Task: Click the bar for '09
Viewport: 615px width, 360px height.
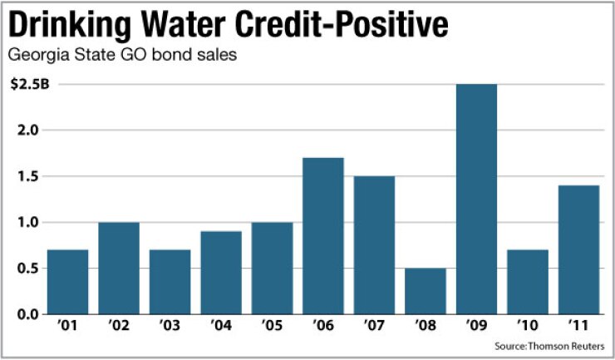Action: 476,199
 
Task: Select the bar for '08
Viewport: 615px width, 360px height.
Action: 426,291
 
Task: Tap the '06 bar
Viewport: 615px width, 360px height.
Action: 323,236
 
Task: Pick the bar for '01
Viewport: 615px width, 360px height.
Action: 68,282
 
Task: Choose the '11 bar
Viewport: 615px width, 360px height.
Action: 578,249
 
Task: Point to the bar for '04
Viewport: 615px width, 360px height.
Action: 221,273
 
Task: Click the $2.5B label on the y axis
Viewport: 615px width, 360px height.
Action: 25,84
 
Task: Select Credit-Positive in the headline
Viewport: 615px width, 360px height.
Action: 353,27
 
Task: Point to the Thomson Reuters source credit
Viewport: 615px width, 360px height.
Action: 552,345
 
